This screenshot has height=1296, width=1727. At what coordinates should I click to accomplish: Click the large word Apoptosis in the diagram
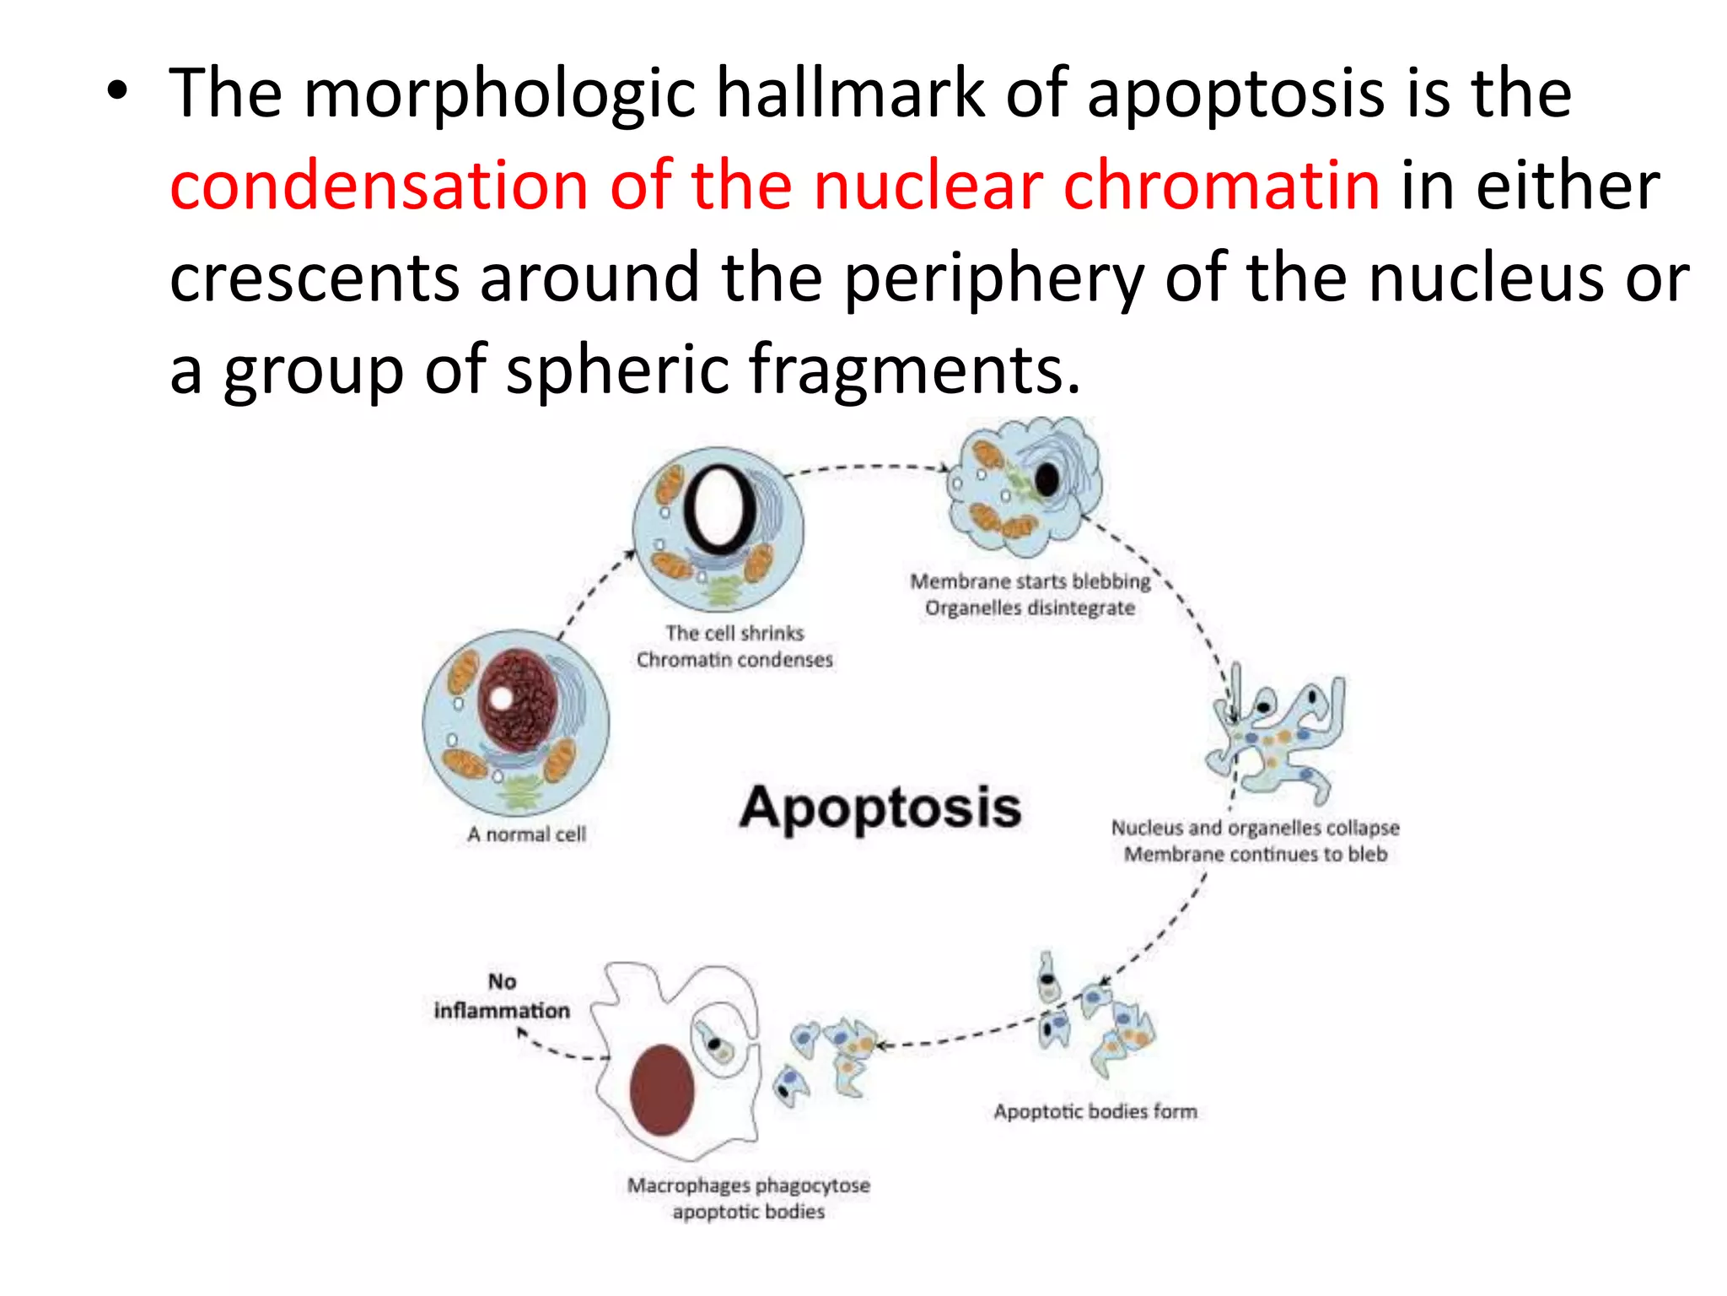coord(880,808)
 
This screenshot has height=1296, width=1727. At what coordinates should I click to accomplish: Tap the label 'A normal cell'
coord(526,834)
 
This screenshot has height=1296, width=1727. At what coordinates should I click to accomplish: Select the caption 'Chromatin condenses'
coord(734,660)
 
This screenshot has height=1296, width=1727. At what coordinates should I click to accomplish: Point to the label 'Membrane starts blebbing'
coord(1030,581)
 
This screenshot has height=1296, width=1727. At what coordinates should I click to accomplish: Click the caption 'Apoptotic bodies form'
coord(1095,1111)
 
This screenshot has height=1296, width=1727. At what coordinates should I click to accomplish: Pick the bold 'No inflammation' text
coord(502,996)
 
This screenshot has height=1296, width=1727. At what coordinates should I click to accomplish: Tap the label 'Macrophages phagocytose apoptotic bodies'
coord(748,1198)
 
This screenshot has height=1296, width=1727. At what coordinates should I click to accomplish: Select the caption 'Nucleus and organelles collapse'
coord(1255,828)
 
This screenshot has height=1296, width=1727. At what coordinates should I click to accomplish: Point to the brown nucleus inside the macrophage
coord(662,1089)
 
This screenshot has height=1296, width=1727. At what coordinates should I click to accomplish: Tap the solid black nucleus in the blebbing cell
coord(1046,479)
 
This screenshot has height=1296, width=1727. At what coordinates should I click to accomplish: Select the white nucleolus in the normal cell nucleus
coord(501,699)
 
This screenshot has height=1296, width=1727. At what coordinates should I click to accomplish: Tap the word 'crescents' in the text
coord(315,278)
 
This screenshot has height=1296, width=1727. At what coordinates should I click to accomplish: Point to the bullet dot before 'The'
coord(117,90)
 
